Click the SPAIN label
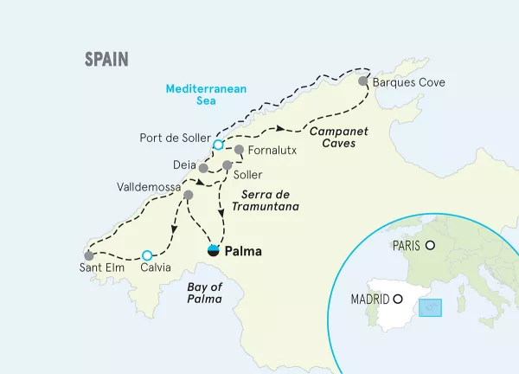[106, 59]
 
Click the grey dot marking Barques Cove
[363, 81]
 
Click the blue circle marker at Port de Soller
[218, 145]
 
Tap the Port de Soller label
[173, 137]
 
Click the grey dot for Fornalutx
[239, 150]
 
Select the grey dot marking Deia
[202, 168]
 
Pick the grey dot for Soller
[227, 164]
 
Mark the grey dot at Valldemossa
[188, 196]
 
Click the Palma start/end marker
[213, 251]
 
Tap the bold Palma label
[242, 252]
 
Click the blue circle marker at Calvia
[147, 255]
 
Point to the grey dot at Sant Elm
[88, 255]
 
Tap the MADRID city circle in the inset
[398, 300]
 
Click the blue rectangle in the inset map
[430, 308]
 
